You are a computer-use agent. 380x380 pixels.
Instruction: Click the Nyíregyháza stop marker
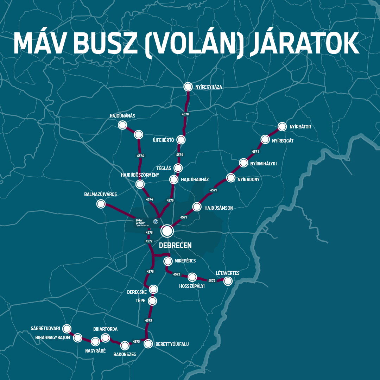(x=188, y=87)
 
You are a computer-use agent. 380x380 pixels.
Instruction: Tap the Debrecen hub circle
(x=167, y=231)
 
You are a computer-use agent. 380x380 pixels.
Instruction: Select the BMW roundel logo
(x=155, y=221)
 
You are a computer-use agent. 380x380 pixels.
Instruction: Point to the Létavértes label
(x=227, y=273)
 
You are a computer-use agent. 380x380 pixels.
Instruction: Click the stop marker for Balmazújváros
(x=101, y=204)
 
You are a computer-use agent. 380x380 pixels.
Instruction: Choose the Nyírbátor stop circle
(x=282, y=127)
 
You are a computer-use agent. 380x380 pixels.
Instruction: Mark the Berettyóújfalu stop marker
(x=148, y=344)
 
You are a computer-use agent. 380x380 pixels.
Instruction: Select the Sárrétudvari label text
(x=45, y=329)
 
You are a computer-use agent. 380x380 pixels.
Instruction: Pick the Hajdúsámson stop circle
(x=197, y=207)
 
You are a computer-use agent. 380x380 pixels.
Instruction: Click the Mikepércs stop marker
(x=168, y=261)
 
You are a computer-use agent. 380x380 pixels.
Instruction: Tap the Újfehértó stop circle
(x=181, y=140)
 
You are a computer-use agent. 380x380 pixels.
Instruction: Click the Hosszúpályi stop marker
(x=192, y=277)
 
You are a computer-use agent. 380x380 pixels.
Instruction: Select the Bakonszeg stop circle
(x=125, y=345)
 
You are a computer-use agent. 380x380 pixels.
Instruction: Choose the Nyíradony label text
(x=248, y=179)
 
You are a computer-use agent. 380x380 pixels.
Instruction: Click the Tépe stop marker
(x=152, y=301)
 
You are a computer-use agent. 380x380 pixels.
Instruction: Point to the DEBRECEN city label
(x=175, y=245)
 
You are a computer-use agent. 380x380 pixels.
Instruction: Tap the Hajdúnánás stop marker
(x=122, y=125)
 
